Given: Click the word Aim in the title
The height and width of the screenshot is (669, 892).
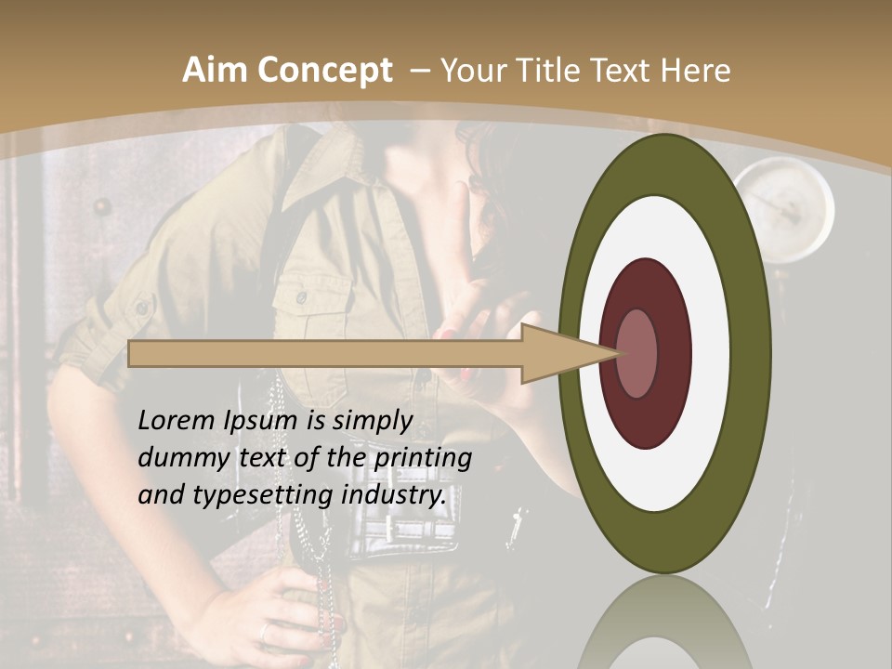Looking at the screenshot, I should [x=214, y=71].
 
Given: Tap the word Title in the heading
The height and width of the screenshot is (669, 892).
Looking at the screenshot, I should [x=555, y=71].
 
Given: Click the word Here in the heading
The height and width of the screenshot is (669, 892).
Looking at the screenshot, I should [x=696, y=71].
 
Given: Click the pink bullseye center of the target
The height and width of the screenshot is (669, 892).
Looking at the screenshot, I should [x=637, y=353].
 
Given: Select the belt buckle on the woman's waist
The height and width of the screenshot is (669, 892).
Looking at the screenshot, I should [x=409, y=535].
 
